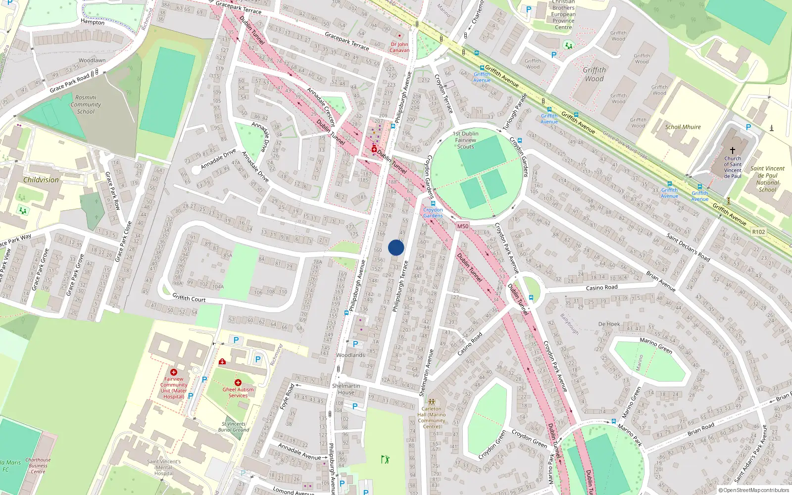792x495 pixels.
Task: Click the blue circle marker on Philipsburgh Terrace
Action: [396, 248]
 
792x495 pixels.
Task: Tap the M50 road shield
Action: [462, 226]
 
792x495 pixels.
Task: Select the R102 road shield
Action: [758, 232]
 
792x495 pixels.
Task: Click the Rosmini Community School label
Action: [86, 104]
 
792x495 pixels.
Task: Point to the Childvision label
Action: [41, 180]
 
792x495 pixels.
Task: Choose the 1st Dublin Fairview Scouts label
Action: [465, 140]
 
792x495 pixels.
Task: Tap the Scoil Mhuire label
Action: [683, 127]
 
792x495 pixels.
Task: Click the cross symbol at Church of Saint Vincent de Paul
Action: [733, 150]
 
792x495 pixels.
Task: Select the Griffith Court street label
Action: [189, 298]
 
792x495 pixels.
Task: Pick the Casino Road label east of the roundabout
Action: [601, 288]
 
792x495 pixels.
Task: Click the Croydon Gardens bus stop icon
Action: [433, 203]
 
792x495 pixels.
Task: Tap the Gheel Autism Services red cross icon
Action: [238, 383]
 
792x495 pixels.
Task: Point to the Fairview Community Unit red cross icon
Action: [174, 372]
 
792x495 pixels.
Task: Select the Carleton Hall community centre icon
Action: [432, 402]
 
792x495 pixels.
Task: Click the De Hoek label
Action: [609, 324]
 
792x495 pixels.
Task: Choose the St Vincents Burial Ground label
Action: [234, 427]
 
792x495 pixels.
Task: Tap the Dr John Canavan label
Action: [399, 47]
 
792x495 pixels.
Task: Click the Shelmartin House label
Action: [346, 389]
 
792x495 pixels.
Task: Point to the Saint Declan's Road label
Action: [688, 247]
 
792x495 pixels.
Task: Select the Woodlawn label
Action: [92, 60]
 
